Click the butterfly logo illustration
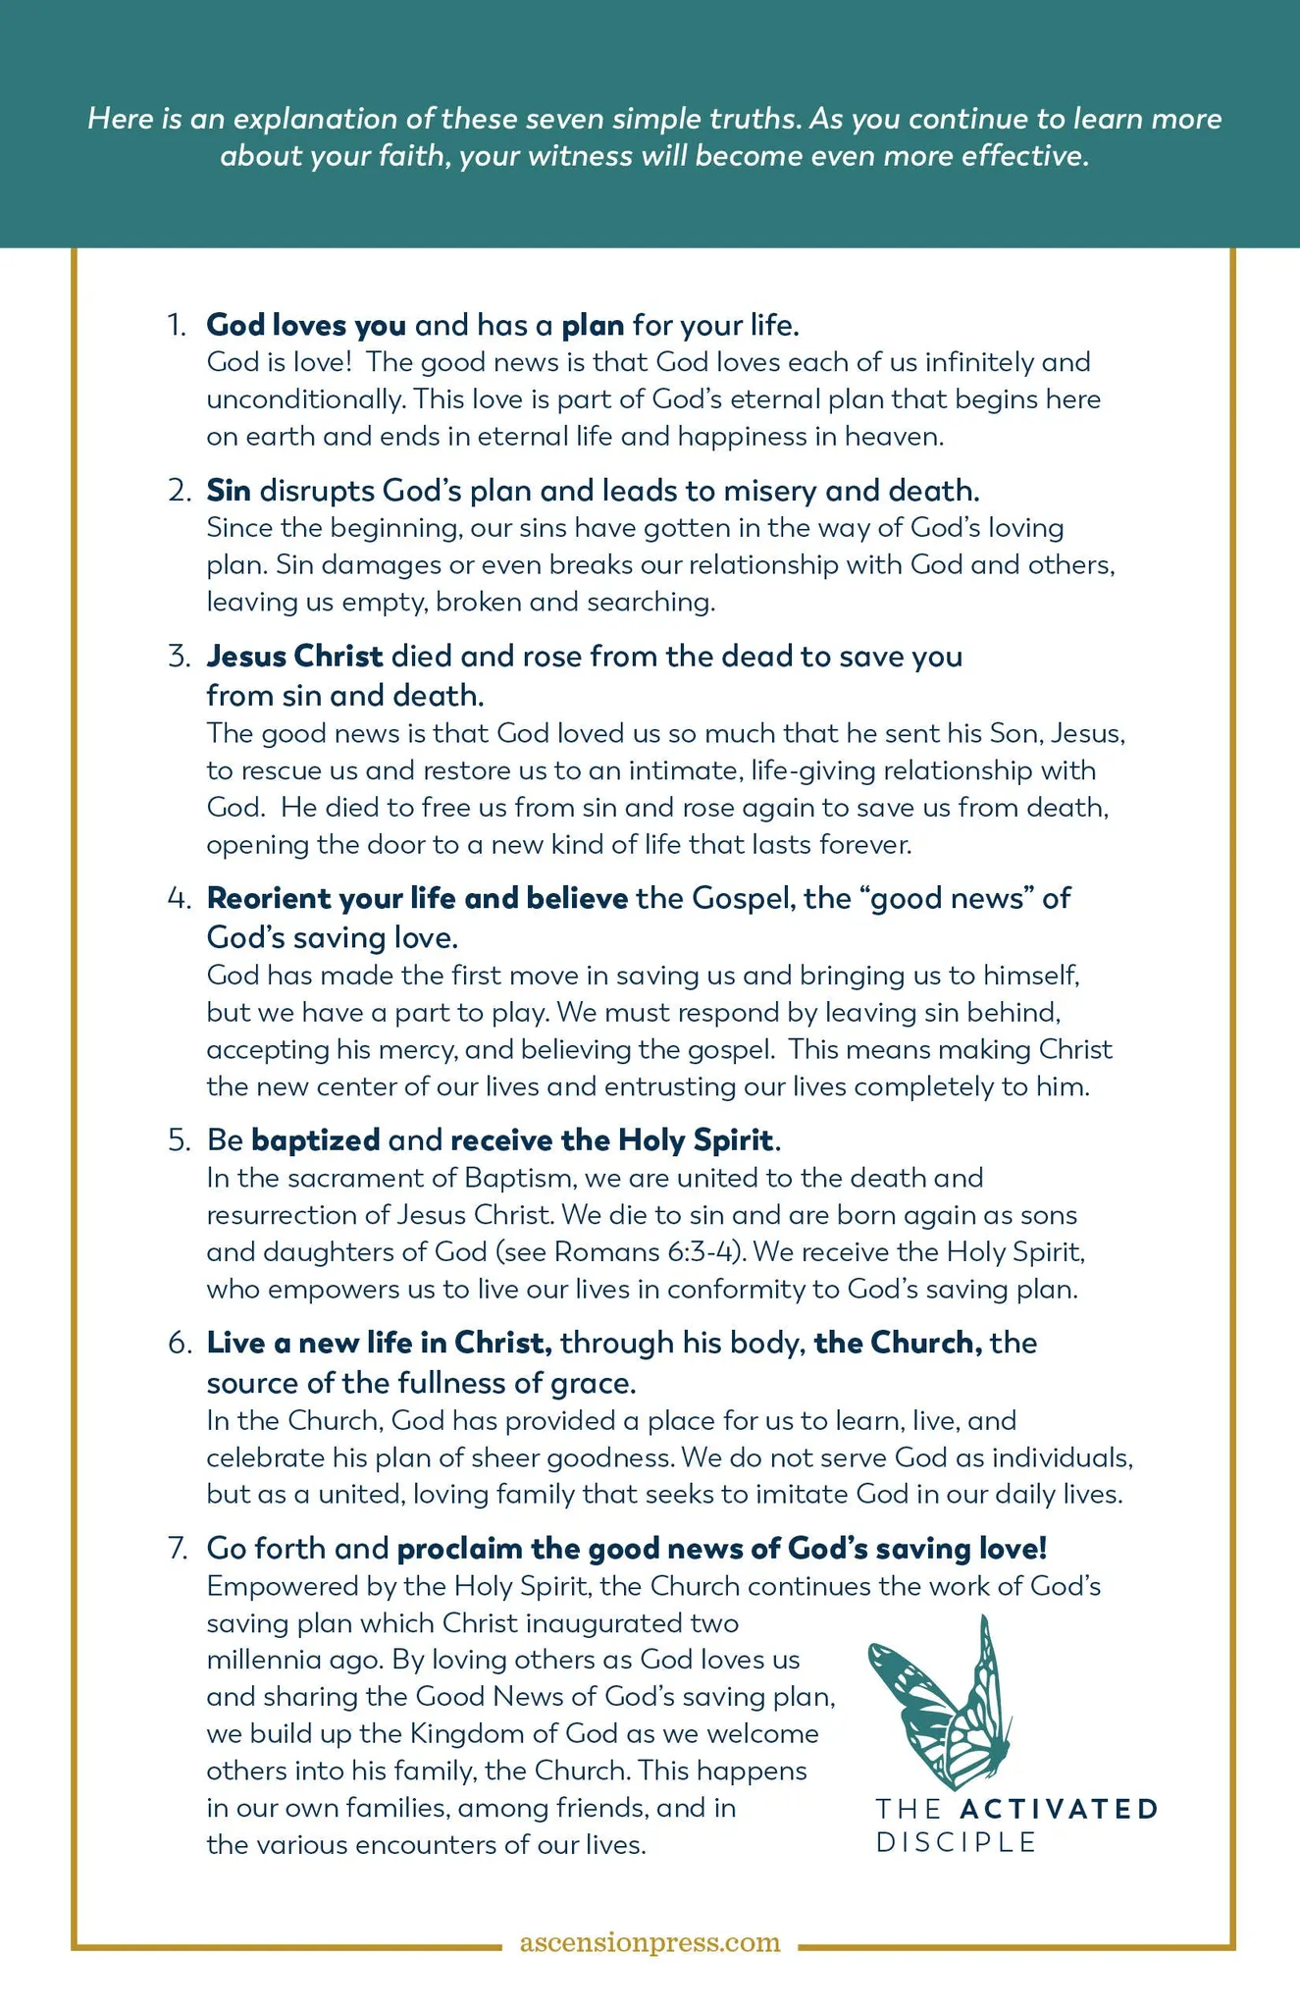point(940,1704)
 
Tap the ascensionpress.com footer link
point(650,1941)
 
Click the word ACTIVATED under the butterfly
point(1059,1808)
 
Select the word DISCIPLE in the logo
point(956,1842)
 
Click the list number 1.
point(176,324)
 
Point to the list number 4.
point(178,898)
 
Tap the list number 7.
point(178,1548)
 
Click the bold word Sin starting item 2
point(229,489)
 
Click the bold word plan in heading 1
point(593,324)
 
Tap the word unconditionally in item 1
point(303,399)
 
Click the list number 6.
point(178,1343)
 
